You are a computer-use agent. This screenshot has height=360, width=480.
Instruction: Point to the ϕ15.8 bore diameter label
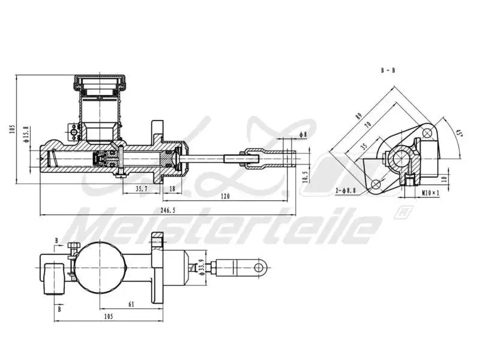point(26,136)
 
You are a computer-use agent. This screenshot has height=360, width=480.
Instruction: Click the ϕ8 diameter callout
point(302,134)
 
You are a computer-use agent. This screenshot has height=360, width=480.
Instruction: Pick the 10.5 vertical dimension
point(305,176)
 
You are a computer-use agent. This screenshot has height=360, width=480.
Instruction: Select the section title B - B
point(388,70)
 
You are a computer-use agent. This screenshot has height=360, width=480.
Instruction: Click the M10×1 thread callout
point(430,193)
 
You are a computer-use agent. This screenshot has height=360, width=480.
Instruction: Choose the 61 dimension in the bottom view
point(131,304)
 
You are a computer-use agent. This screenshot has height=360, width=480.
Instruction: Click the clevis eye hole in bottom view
point(261,266)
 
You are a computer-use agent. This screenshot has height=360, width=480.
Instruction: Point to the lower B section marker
point(59,310)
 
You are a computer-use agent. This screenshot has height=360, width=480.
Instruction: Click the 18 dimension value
point(172,188)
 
